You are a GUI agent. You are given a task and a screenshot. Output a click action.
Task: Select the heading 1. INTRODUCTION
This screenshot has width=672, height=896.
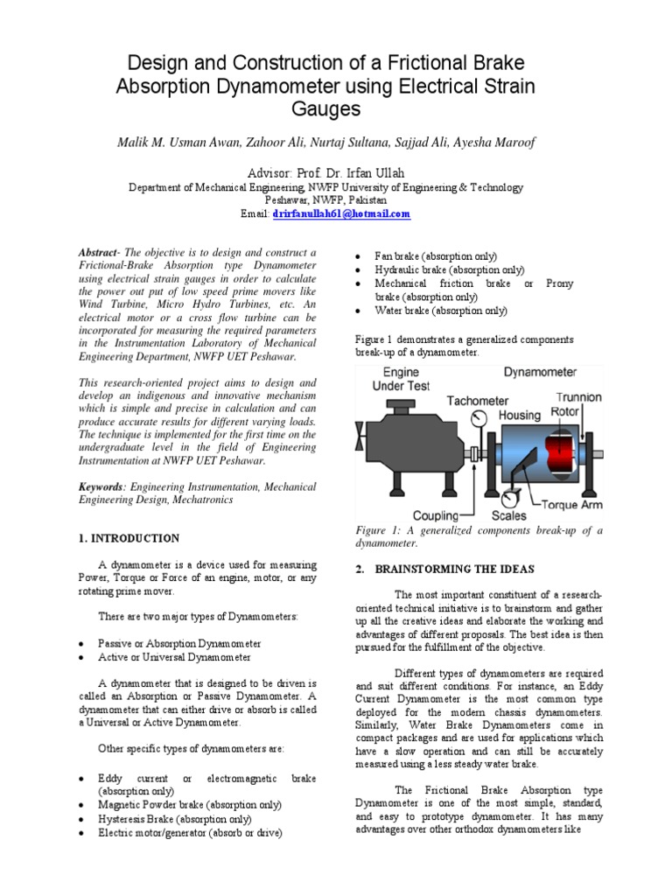point(129,538)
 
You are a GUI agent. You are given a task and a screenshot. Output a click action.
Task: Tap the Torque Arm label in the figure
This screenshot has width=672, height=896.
point(573,505)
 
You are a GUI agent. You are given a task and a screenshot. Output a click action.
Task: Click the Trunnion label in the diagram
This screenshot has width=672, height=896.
point(578,396)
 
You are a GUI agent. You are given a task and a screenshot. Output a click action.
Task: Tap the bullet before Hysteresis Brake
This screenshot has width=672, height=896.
point(80,820)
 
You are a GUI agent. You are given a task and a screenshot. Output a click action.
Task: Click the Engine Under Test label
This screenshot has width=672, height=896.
point(395,379)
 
